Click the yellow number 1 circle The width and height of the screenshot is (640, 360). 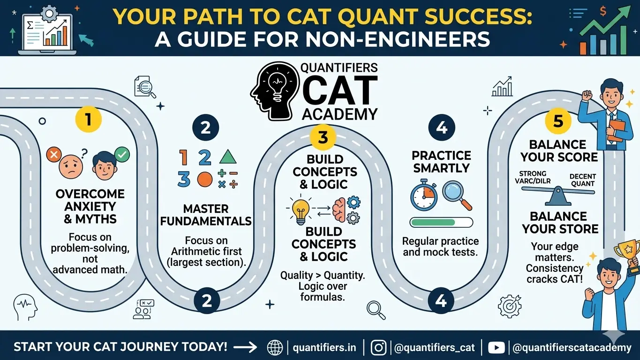click(x=88, y=120)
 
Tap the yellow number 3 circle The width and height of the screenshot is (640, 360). click(x=323, y=137)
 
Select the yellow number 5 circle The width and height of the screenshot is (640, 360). click(x=558, y=121)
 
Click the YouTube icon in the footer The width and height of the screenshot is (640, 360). click(x=496, y=347)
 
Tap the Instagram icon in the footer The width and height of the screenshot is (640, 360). click(x=378, y=347)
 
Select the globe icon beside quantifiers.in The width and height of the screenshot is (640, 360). click(x=275, y=347)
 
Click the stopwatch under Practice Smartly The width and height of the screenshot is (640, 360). click(x=424, y=196)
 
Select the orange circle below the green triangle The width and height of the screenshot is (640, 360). click(x=204, y=179)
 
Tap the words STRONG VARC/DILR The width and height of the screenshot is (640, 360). click(x=533, y=178)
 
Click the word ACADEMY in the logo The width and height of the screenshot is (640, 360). click(x=339, y=113)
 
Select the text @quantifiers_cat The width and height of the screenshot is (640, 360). click(x=434, y=348)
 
